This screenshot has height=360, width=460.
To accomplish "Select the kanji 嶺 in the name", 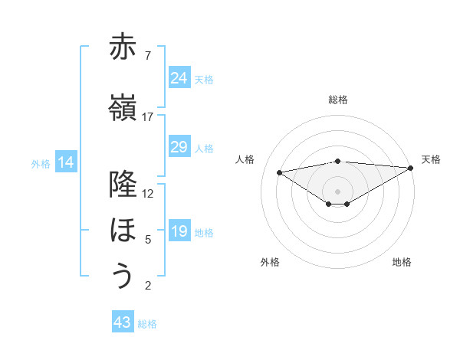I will (123, 107).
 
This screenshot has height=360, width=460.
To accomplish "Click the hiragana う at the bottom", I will (123, 276).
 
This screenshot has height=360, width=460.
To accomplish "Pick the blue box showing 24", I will (179, 77).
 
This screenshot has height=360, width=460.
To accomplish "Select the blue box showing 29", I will (179, 147).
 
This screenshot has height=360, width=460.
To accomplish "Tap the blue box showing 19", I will (179, 231).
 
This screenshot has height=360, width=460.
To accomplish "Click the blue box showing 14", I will (66, 162).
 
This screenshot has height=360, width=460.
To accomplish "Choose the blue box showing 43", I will (123, 322).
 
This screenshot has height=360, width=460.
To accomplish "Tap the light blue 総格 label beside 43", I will (148, 324).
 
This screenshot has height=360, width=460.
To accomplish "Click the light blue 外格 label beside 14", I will (41, 163).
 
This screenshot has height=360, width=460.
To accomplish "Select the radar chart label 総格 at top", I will (337, 100).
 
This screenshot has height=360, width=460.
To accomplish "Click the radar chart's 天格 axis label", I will (431, 159).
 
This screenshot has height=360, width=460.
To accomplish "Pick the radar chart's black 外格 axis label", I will (270, 262).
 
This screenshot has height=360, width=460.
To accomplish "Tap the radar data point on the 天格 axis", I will (411, 168).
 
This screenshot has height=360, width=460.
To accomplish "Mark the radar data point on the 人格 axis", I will (279, 172).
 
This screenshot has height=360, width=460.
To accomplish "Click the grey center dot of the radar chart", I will (337, 191).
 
